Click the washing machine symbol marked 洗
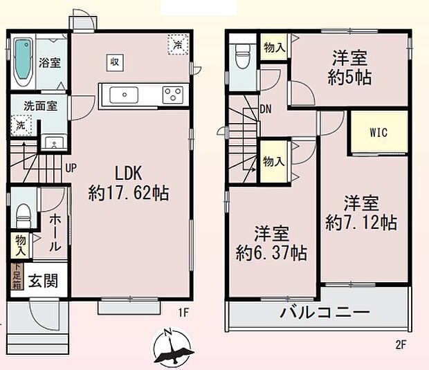(21, 126)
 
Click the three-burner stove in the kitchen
(173, 94)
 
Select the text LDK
(130, 172)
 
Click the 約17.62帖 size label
(129, 193)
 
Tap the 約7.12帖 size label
(361, 223)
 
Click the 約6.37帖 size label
(271, 252)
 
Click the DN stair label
(266, 109)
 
